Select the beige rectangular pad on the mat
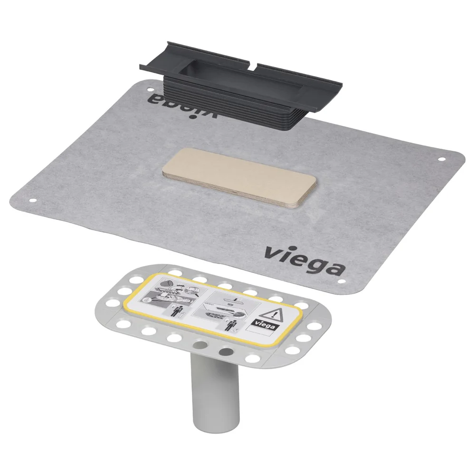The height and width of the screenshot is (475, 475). [x=239, y=177]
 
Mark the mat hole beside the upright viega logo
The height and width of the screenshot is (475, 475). [x=342, y=281]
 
